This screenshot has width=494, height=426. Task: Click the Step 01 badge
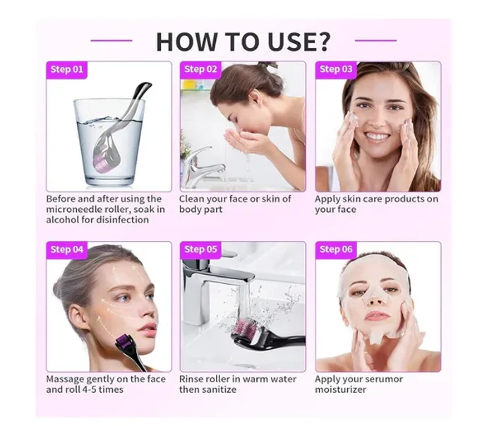(x=66, y=70)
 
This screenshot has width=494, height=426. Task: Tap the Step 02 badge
(x=200, y=70)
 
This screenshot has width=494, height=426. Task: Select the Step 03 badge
(x=336, y=70)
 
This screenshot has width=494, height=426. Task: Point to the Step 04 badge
(x=66, y=250)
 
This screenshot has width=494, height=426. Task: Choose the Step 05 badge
(x=200, y=250)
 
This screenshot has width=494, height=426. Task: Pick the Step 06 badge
(x=336, y=250)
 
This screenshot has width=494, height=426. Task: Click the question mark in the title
(x=321, y=41)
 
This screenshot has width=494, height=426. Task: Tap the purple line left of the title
(x=112, y=41)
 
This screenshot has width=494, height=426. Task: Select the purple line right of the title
(x=375, y=41)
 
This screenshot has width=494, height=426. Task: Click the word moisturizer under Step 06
(x=341, y=390)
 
